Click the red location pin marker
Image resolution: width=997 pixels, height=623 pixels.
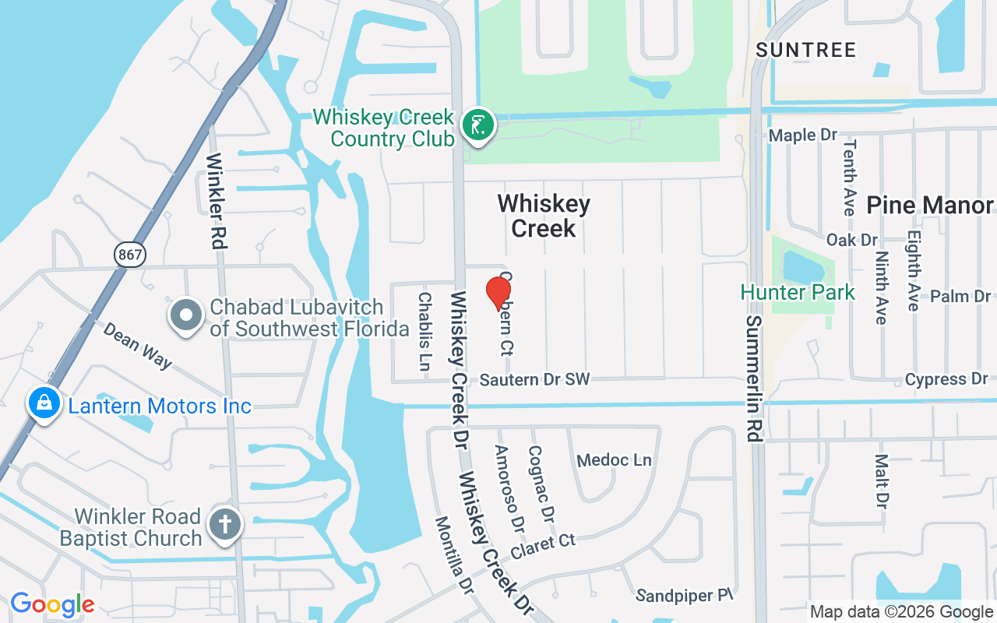[x=498, y=294]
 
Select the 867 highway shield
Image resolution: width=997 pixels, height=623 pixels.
[x=129, y=253]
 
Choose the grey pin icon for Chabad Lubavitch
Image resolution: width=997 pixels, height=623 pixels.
[x=186, y=316]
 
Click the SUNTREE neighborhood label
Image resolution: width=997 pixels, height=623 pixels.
[x=806, y=50]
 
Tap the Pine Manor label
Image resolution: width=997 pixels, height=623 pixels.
[x=929, y=205]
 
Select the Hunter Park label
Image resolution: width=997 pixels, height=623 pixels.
[x=798, y=292]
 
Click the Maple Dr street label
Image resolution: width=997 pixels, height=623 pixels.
[x=802, y=136]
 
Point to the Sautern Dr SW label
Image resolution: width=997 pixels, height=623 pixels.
[x=534, y=380]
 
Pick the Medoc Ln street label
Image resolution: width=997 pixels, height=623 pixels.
[x=614, y=460]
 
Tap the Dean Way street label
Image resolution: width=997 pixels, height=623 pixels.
[x=137, y=345]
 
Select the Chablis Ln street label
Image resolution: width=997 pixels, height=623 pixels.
[x=425, y=331]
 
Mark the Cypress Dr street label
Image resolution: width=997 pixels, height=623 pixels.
[x=946, y=379]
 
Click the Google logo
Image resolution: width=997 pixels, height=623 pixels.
[x=52, y=604]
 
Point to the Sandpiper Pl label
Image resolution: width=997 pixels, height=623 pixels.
[x=685, y=596]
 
